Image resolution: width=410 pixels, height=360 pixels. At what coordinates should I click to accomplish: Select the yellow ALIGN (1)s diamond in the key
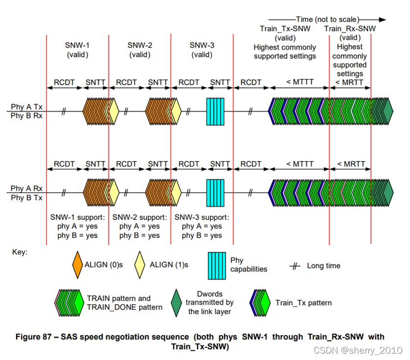pos(140,265)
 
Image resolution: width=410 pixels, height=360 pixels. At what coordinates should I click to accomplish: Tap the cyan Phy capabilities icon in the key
pos(218,265)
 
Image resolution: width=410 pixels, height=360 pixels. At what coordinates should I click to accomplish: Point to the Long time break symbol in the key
pos(295,266)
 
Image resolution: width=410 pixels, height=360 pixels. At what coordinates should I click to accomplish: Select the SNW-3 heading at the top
pos(202,46)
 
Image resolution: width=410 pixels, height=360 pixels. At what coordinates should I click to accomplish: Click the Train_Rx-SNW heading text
pos(350,29)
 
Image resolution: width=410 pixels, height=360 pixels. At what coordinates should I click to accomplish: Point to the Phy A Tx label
pos(24,107)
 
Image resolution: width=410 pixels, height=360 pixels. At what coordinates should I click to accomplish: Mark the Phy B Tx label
pos(24,198)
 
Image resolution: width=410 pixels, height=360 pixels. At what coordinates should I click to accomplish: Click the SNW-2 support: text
pos(139,217)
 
